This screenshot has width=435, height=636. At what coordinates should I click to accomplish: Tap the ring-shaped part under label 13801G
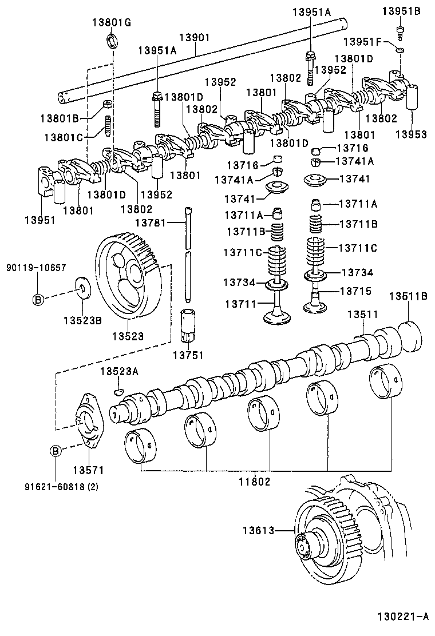click(113, 41)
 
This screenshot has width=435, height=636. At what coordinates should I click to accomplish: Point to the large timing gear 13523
click(129, 280)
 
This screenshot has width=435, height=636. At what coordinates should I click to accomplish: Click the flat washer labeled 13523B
click(84, 288)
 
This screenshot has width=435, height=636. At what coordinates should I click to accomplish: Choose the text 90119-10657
click(36, 268)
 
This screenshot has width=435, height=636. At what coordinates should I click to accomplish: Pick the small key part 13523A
click(118, 391)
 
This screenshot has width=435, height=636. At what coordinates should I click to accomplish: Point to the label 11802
click(254, 482)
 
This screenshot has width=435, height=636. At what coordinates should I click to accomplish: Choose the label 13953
click(411, 134)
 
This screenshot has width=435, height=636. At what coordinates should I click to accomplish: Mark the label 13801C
click(61, 137)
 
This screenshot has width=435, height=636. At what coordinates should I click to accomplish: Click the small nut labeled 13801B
click(106, 105)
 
